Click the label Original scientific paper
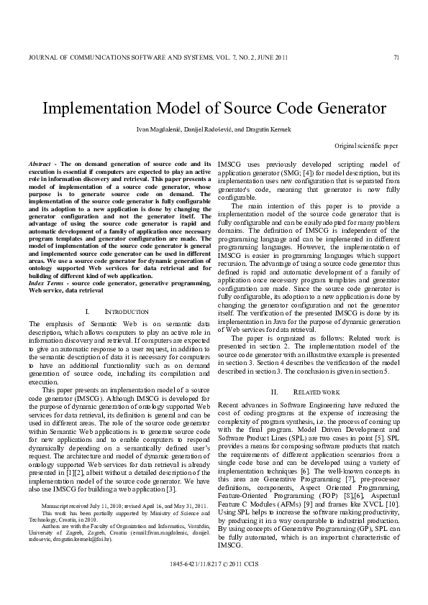click(x=365, y=145)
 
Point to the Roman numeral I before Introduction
click(x=87, y=292)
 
